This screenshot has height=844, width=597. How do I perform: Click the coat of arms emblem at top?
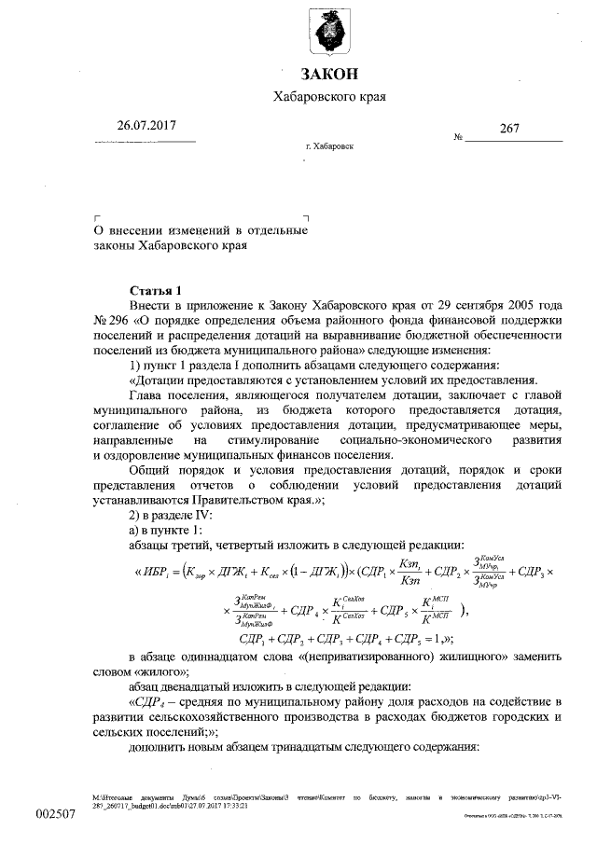click(328, 35)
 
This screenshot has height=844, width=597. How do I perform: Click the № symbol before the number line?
click(458, 137)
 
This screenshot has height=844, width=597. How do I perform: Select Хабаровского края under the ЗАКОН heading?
click(328, 96)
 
